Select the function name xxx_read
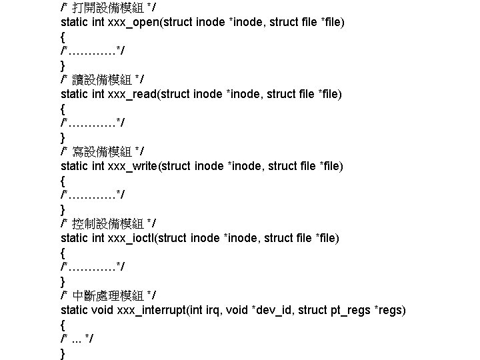coord(136,95)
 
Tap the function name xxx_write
coord(137,166)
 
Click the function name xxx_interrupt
coord(151,310)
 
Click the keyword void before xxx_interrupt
coord(102,310)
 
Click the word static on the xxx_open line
coord(74,23)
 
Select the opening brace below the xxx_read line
coord(63,109)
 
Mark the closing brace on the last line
coord(63,354)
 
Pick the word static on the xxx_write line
coord(74,166)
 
